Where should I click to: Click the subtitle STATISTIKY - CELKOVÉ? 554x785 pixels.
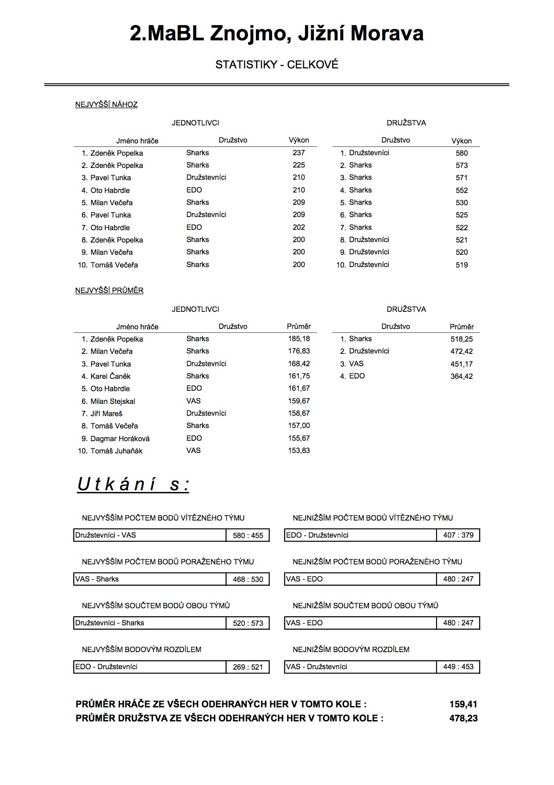click(277, 65)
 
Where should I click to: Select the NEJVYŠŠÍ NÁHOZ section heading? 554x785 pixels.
click(107, 104)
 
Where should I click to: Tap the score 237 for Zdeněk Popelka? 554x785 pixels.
click(298, 153)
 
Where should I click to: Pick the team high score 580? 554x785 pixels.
click(462, 153)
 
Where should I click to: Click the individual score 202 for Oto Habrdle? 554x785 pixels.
click(298, 227)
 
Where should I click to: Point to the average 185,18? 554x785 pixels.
click(299, 339)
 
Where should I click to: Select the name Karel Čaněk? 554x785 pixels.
click(110, 376)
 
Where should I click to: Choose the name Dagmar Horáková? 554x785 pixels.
click(120, 439)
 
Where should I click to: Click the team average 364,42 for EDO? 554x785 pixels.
click(462, 376)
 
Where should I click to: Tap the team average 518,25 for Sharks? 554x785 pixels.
click(462, 339)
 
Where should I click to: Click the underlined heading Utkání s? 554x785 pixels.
click(133, 485)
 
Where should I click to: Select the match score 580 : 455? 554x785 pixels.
click(248, 535)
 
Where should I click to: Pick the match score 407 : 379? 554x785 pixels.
click(458, 535)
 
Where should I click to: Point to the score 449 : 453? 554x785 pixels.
click(458, 667)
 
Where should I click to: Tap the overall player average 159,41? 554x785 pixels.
click(463, 704)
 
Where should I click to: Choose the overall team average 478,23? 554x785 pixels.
click(463, 718)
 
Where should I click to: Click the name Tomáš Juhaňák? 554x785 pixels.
click(116, 451)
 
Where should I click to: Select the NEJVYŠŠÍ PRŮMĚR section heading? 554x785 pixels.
click(110, 290)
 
